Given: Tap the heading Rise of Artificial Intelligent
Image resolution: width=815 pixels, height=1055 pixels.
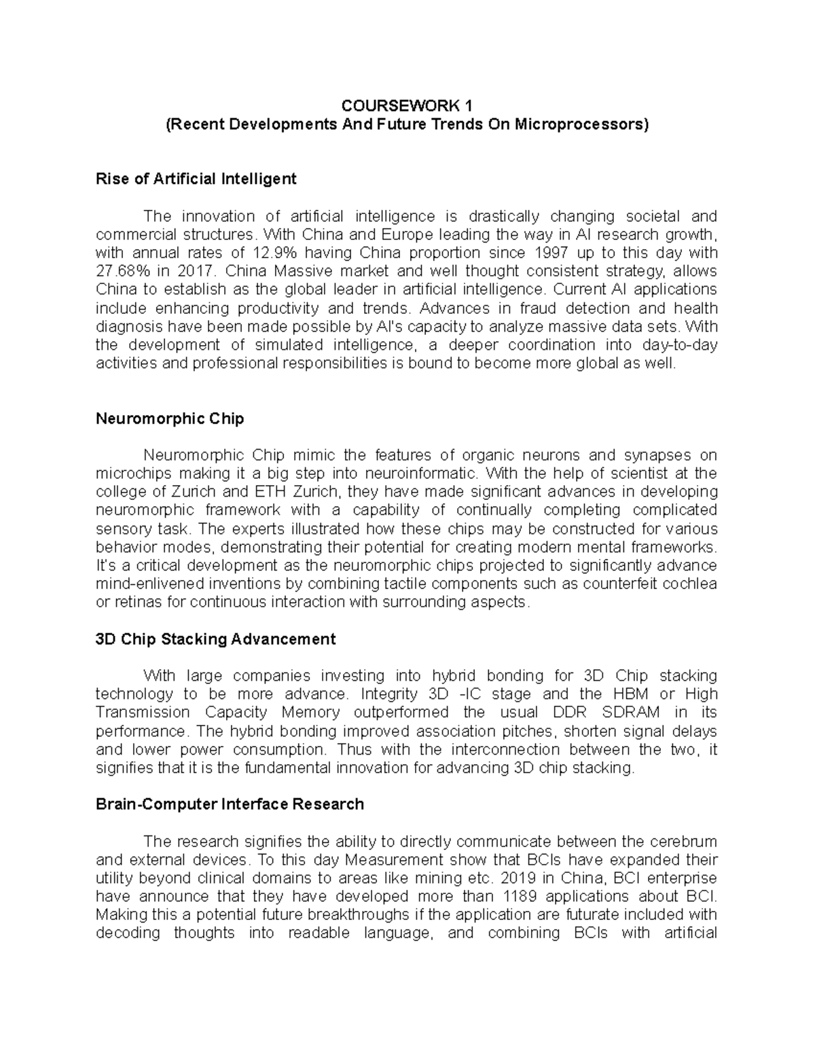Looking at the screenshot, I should pos(196,179).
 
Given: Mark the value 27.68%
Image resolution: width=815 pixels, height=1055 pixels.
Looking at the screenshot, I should pos(119,271).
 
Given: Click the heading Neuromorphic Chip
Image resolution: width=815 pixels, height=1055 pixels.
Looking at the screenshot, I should pos(169,418).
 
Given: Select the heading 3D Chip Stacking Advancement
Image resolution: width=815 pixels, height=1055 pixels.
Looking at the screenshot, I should pos(215,639).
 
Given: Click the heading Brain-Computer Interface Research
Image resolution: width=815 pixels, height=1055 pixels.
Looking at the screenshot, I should pos(230,804).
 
